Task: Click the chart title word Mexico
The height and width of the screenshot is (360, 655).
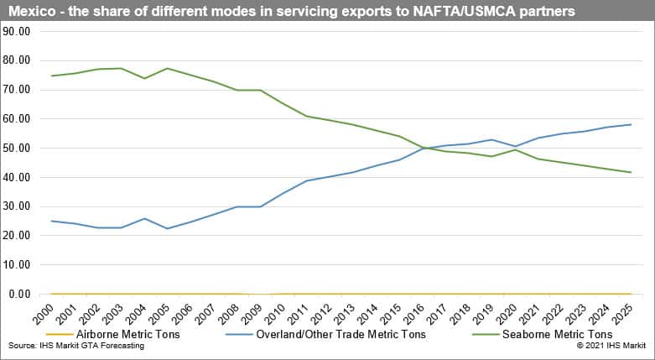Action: tap(31, 12)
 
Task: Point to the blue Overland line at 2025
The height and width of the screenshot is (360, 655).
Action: tap(630, 124)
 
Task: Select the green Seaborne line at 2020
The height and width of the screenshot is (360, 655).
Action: tap(515, 149)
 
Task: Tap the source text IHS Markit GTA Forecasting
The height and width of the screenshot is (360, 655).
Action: tap(75, 346)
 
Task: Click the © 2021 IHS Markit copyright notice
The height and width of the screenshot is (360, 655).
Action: tap(611, 346)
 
